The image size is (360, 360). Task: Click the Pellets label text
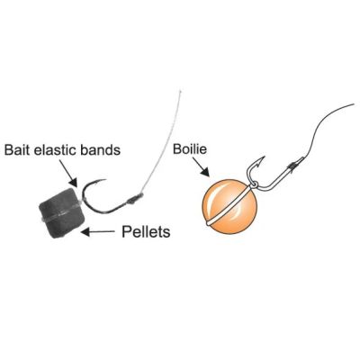pyautogui.click(x=146, y=231)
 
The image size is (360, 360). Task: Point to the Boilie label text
pyautogui.click(x=190, y=149)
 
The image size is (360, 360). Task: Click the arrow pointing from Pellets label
pyautogui.click(x=98, y=231)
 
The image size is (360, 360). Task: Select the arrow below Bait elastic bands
pyautogui.click(x=67, y=173)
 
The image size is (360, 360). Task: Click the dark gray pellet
pyautogui.click(x=60, y=213)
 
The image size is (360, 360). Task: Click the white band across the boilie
pyautogui.click(x=229, y=207)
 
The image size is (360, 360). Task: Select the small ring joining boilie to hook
pyautogui.click(x=252, y=183)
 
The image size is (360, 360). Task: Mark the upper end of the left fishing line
pyautogui.click(x=180, y=90)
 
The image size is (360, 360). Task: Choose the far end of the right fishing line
pyautogui.click(x=354, y=104)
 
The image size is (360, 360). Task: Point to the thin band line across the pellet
pyautogui.click(x=60, y=214)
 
